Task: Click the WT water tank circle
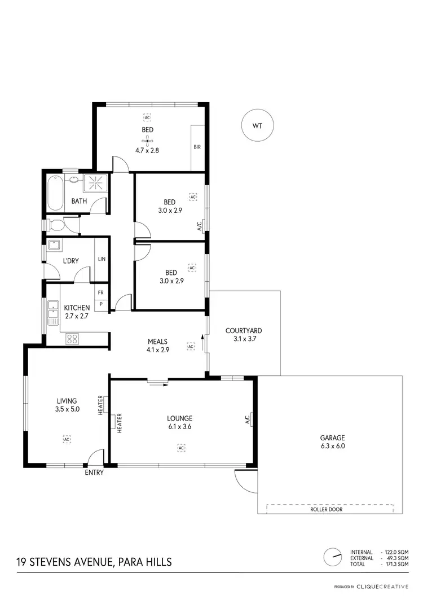pos(257,126)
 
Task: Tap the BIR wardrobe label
pos(197,147)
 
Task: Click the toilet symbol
pos(56,225)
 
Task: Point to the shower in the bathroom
pos(96,183)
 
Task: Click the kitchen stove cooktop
pos(73,339)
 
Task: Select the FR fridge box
pos(101,292)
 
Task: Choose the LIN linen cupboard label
pos(102,259)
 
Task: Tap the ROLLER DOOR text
pos(326,509)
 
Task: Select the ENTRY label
pos(94,473)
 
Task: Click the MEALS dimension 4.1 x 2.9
pos(158,349)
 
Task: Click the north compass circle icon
pos(333,556)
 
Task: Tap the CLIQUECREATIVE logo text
pos(387,587)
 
